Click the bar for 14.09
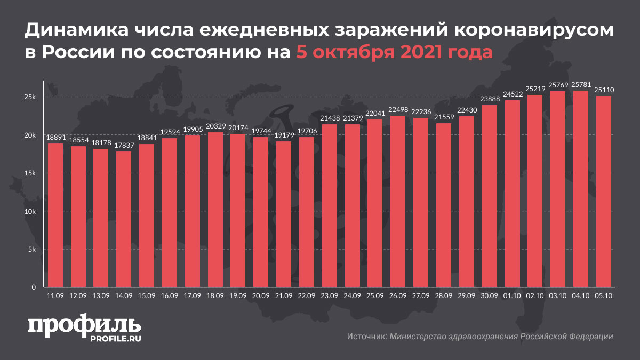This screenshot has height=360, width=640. [x=124, y=219]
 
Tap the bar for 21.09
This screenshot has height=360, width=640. [x=284, y=214]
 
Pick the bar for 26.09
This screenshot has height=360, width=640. [x=398, y=202]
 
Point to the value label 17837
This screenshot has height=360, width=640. [x=124, y=146]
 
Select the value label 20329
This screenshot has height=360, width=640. [x=215, y=126]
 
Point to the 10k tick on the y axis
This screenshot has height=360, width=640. [x=29, y=212]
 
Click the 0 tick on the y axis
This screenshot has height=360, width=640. [x=33, y=287]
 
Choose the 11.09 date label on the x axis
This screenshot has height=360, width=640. [x=55, y=295]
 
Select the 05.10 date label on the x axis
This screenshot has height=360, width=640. [x=603, y=295]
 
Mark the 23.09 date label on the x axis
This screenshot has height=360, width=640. [x=330, y=295]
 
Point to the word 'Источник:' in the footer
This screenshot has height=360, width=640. [x=367, y=337]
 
